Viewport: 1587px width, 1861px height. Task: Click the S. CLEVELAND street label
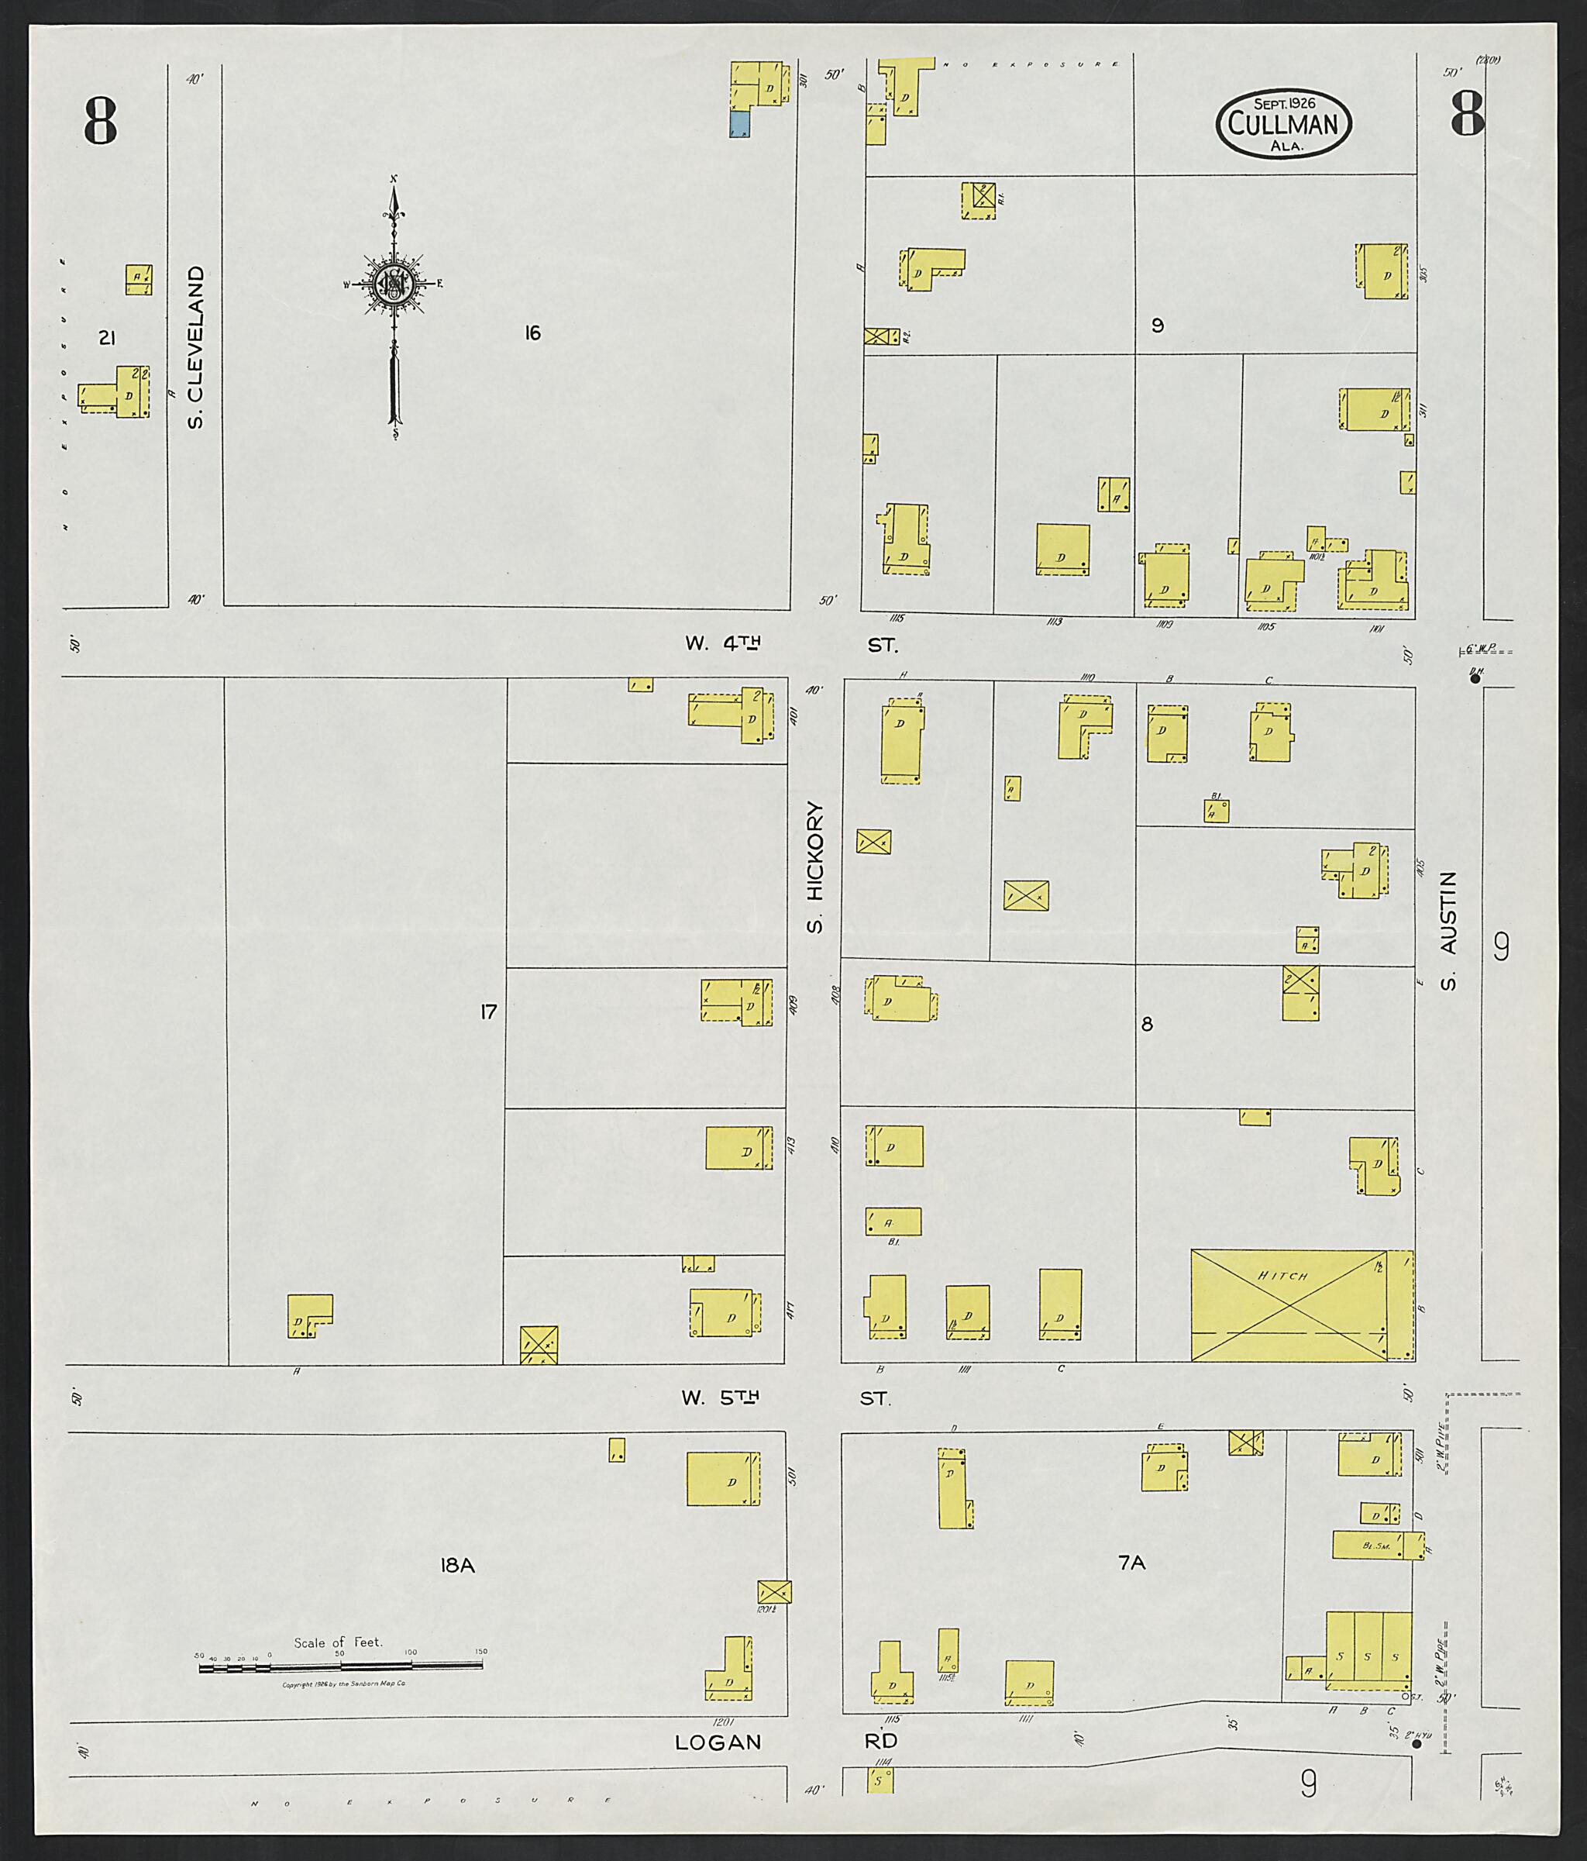(x=196, y=346)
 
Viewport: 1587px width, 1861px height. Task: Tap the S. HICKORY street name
(x=814, y=867)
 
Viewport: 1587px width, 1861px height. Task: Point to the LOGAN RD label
(x=786, y=1742)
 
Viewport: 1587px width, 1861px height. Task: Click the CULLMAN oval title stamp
(x=1283, y=126)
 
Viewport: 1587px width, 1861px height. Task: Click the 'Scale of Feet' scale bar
(x=339, y=1667)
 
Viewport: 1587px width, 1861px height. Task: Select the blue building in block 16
(x=739, y=125)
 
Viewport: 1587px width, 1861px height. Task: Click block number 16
(x=532, y=334)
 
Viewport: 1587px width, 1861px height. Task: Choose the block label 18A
(x=456, y=1566)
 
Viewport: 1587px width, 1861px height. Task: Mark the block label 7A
(x=1131, y=1563)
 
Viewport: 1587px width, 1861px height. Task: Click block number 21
(x=107, y=339)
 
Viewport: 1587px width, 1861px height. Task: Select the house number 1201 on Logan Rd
(x=723, y=1721)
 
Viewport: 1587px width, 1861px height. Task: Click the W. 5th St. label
(x=786, y=1398)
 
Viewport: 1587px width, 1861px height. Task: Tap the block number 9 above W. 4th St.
(x=1158, y=325)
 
